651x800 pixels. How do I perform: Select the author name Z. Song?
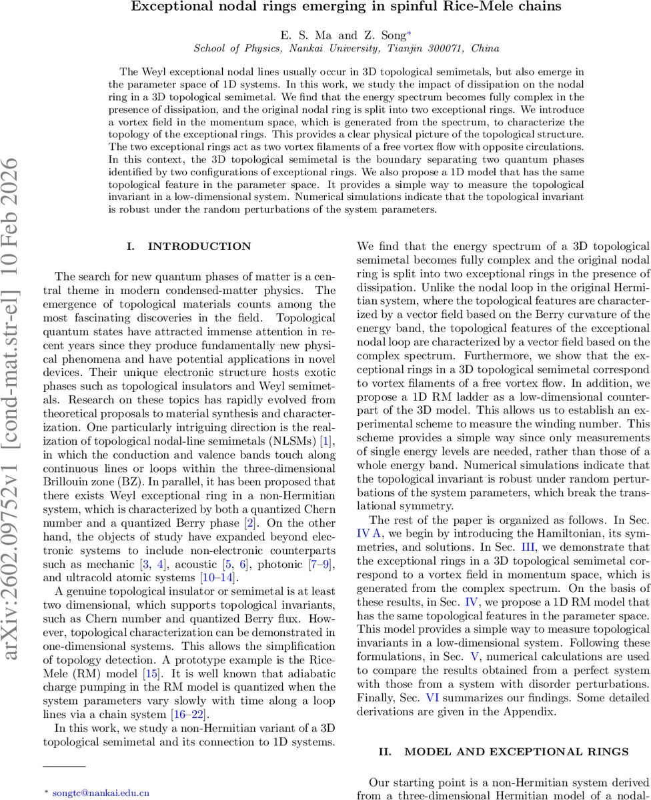coord(382,35)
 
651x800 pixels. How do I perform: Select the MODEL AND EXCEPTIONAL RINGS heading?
coord(516,751)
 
